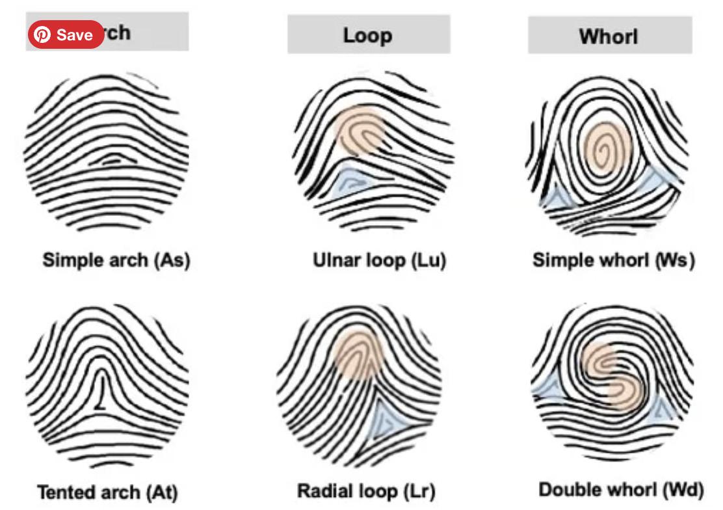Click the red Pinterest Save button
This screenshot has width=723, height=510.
[65, 34]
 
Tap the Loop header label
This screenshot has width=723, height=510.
[368, 35]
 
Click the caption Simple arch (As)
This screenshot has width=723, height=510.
[116, 260]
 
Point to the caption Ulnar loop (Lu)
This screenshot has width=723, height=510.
[379, 261]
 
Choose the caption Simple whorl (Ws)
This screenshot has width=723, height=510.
[614, 260]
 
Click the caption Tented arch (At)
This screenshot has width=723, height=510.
[107, 492]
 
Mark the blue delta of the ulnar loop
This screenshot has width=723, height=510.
[352, 183]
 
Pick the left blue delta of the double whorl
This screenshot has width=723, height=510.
[547, 386]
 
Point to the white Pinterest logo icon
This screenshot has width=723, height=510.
[42, 34]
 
